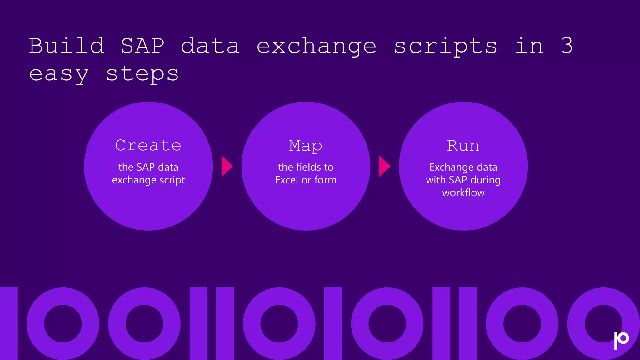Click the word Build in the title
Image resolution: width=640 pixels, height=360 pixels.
(66, 46)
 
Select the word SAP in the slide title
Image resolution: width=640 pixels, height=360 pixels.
(142, 46)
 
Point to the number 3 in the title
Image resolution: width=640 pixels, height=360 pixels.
(567, 46)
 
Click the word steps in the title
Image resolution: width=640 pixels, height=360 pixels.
(142, 74)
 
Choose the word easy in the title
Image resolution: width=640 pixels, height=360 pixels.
(59, 74)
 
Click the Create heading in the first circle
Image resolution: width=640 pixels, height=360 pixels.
(148, 145)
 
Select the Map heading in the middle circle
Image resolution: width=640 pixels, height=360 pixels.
(306, 146)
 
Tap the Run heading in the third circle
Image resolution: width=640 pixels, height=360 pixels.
(463, 146)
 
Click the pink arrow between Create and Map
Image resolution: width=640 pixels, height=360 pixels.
(226, 166)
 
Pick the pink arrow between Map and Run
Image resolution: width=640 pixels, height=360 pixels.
(384, 166)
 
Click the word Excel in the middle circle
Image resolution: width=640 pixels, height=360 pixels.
(287, 180)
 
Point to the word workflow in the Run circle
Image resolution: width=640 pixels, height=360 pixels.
(463, 193)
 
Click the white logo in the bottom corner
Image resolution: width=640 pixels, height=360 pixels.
(621, 340)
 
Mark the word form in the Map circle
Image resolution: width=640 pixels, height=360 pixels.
(325, 180)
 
